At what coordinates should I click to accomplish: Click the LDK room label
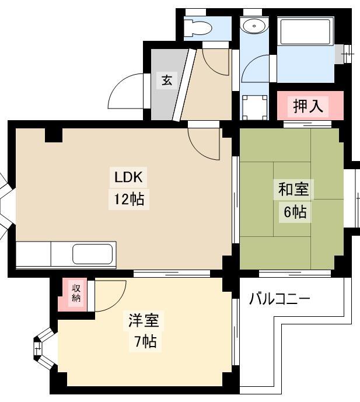click(x=128, y=177)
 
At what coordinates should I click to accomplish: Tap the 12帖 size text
click(x=129, y=199)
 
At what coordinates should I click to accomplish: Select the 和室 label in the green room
click(x=293, y=189)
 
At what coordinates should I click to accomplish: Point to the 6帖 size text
click(x=295, y=212)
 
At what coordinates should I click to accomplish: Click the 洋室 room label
click(x=144, y=320)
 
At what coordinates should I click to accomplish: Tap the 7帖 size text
click(x=145, y=341)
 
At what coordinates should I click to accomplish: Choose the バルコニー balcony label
click(x=279, y=299)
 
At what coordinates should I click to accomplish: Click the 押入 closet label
click(x=308, y=106)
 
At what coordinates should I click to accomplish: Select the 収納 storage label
click(x=76, y=293)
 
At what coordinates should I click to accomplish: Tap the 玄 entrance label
click(x=167, y=81)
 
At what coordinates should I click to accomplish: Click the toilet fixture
click(x=198, y=27)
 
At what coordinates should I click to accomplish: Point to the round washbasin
click(x=254, y=26)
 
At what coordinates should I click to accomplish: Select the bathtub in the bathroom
click(x=305, y=32)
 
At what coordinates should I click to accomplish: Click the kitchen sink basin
click(x=93, y=254)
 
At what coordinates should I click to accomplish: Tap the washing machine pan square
click(x=255, y=107)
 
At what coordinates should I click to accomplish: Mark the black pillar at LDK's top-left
click(x=54, y=135)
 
